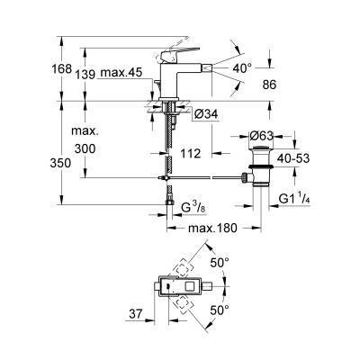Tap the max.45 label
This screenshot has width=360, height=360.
pos(121,73)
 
